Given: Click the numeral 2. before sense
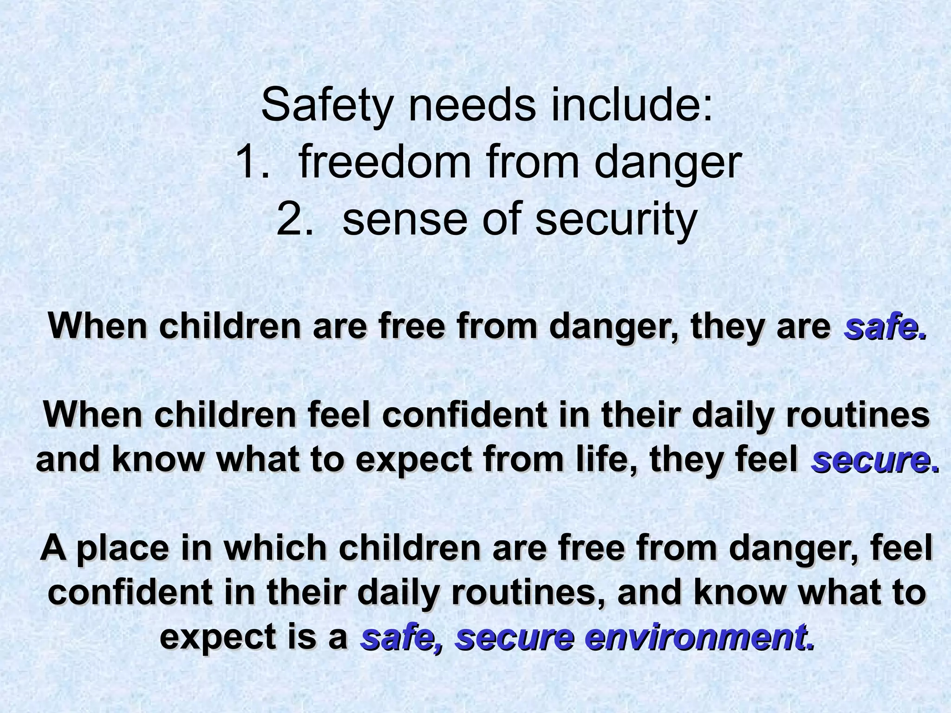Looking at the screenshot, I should pyautogui.click(x=294, y=219).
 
